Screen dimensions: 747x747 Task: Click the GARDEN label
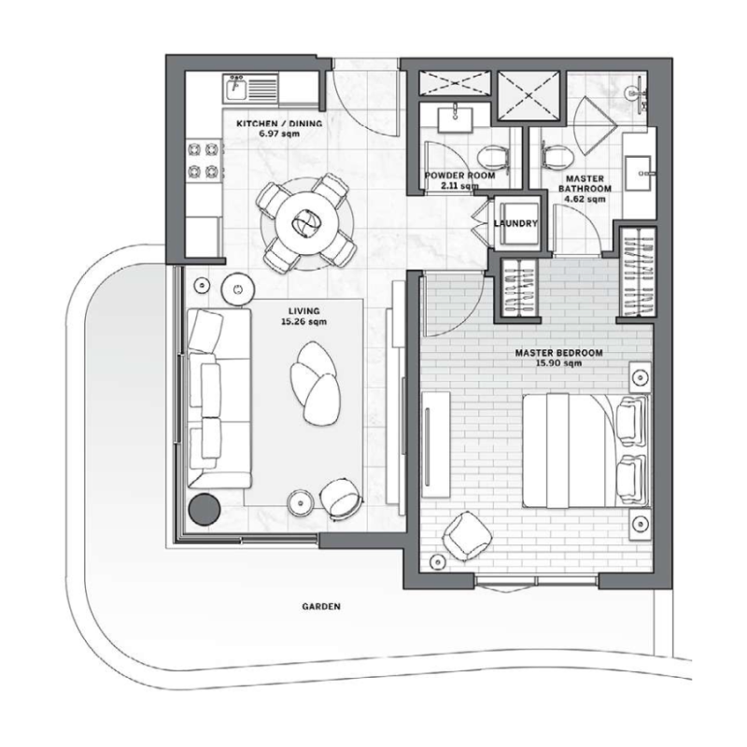pos(321,606)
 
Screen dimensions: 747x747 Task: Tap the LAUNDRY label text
pos(516,223)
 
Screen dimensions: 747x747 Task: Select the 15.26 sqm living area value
pos(304,321)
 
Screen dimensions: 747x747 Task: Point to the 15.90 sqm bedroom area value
pos(558,363)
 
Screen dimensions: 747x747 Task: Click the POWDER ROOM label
pos(459,176)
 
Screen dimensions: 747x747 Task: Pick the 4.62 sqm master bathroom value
pos(585,199)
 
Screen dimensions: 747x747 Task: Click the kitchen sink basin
pos(236,89)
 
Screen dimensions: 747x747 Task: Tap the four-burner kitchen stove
pos(204,160)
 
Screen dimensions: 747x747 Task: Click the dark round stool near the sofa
pos(204,510)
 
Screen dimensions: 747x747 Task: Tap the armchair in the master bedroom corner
pos(466,536)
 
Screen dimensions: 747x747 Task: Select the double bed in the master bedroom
pos(586,450)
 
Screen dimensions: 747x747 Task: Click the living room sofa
pos(218,399)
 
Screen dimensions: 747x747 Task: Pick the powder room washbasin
pos(455,119)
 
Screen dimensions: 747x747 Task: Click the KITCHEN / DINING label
pos(279,123)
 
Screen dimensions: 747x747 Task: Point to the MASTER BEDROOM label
pos(558,353)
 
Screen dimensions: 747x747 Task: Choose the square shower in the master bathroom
pos(529,96)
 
